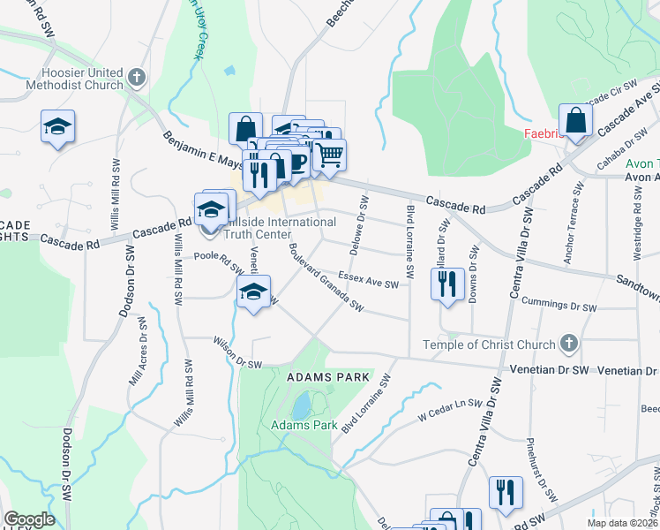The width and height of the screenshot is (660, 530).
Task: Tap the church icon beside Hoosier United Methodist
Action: coord(135,78)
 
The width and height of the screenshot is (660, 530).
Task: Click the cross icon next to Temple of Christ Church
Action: coord(569,344)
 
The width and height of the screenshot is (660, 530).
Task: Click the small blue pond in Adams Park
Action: coord(301,405)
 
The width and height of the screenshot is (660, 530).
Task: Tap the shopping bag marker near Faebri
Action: coord(575,121)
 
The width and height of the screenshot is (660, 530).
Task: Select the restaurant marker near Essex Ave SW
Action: coord(447,284)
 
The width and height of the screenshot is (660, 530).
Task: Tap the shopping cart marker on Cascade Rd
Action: coord(329,154)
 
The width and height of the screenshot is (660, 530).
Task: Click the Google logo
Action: coord(29,519)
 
